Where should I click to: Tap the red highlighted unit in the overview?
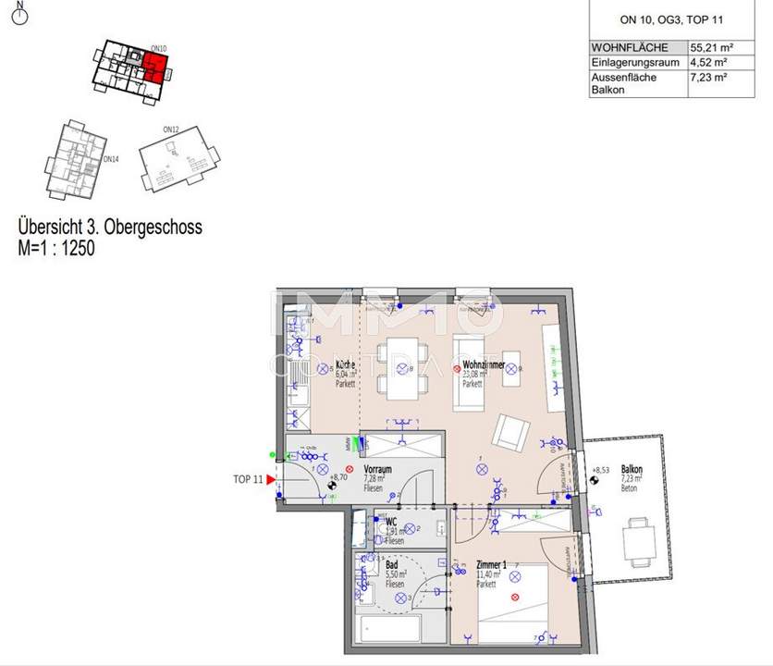click(156, 67)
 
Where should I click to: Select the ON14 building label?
click(111, 159)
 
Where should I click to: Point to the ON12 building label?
click(170, 129)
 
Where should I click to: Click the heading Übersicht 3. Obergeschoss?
click(110, 227)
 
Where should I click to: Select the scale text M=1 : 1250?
click(56, 248)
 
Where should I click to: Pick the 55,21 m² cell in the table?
click(707, 47)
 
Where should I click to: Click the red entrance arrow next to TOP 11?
click(271, 480)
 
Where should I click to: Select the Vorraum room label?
click(377, 470)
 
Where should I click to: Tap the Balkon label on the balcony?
click(632, 470)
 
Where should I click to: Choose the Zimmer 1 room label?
click(492, 563)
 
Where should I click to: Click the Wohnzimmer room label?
click(484, 366)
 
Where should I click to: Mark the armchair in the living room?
click(509, 432)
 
